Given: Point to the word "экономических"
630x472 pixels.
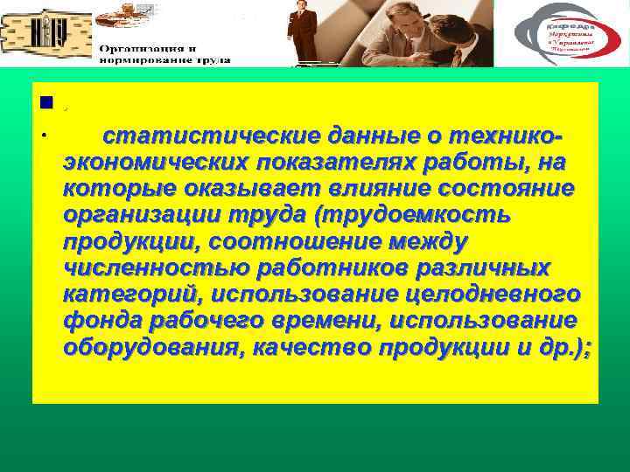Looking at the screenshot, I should click(154, 163).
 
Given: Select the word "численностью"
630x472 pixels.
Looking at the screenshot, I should click(150, 267).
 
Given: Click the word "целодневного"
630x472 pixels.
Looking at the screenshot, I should click(487, 294).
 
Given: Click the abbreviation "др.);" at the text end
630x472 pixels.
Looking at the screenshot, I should click(564, 346).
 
